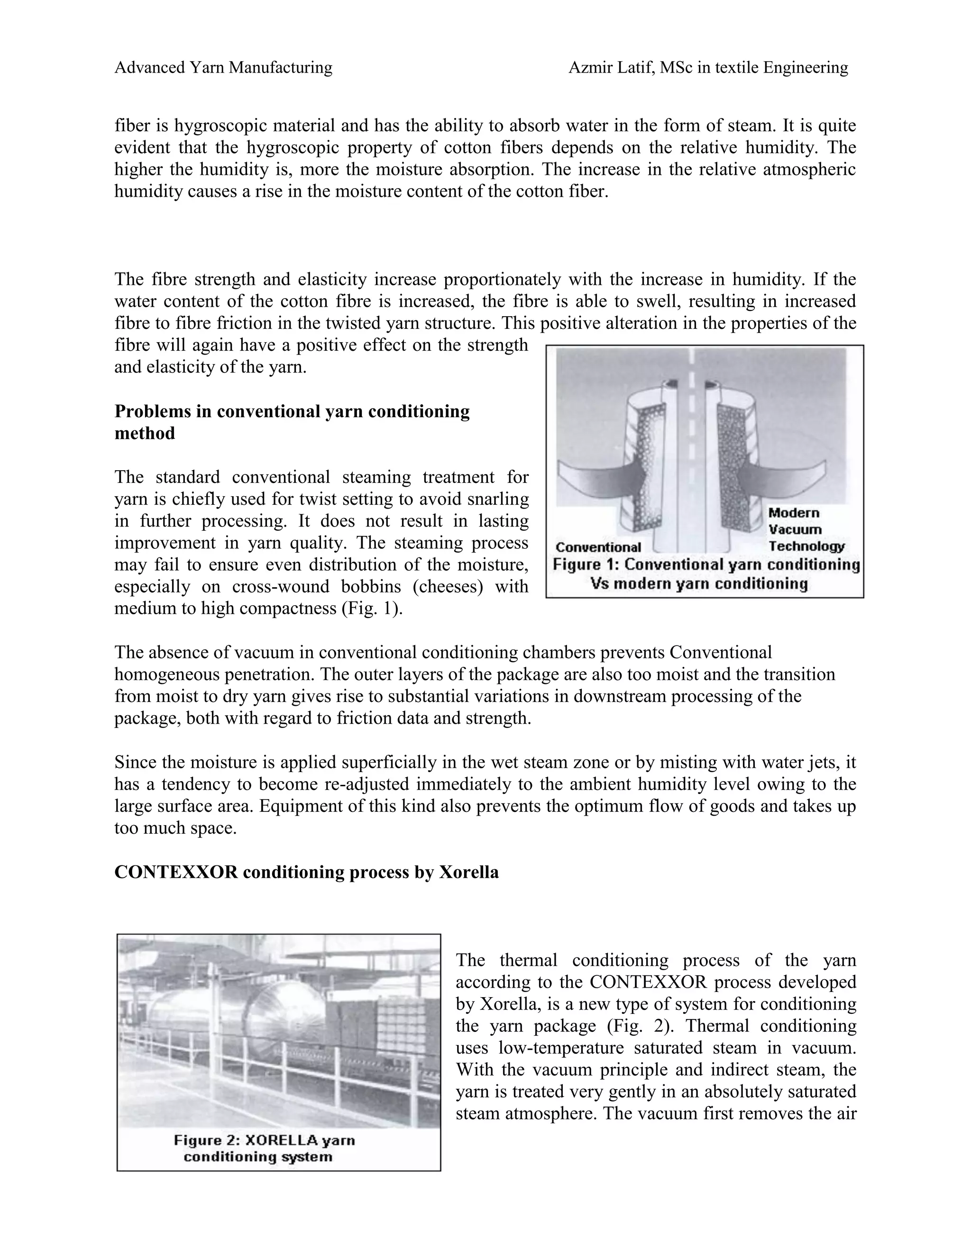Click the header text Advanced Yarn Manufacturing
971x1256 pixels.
pos(223,68)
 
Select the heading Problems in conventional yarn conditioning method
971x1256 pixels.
pos(292,422)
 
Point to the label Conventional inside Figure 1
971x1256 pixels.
pos(598,547)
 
